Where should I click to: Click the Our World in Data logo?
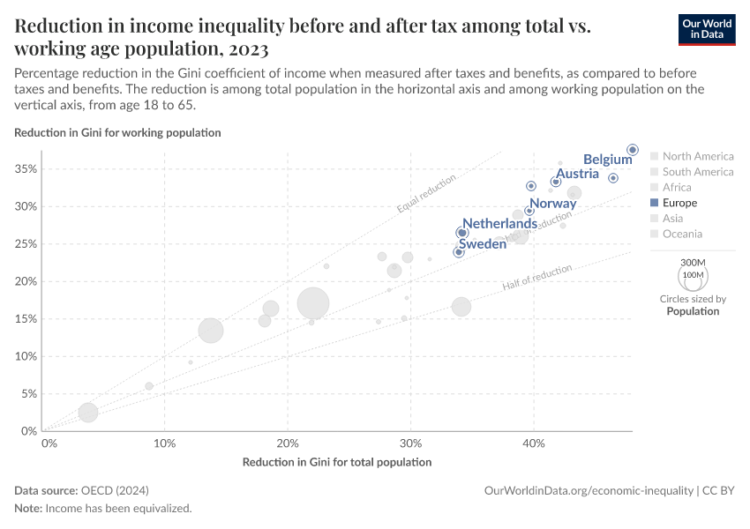click(706, 29)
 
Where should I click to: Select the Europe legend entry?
click(679, 203)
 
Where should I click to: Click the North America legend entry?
click(697, 156)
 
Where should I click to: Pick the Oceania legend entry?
click(682, 234)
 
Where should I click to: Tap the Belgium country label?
click(608, 160)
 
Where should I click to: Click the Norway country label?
click(552, 204)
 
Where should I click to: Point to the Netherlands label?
click(499, 224)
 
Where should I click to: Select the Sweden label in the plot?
click(482, 243)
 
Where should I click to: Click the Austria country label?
click(578, 174)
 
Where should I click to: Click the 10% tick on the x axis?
click(164, 443)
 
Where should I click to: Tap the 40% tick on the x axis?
click(533, 443)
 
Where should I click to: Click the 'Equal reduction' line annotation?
click(426, 194)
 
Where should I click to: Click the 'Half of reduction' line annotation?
click(536, 277)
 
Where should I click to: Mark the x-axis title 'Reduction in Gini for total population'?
click(336, 462)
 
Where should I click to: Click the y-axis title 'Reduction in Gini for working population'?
click(117, 132)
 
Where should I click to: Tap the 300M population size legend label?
click(694, 263)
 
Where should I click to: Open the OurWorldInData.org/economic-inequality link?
click(589, 490)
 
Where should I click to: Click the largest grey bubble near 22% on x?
click(313, 303)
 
